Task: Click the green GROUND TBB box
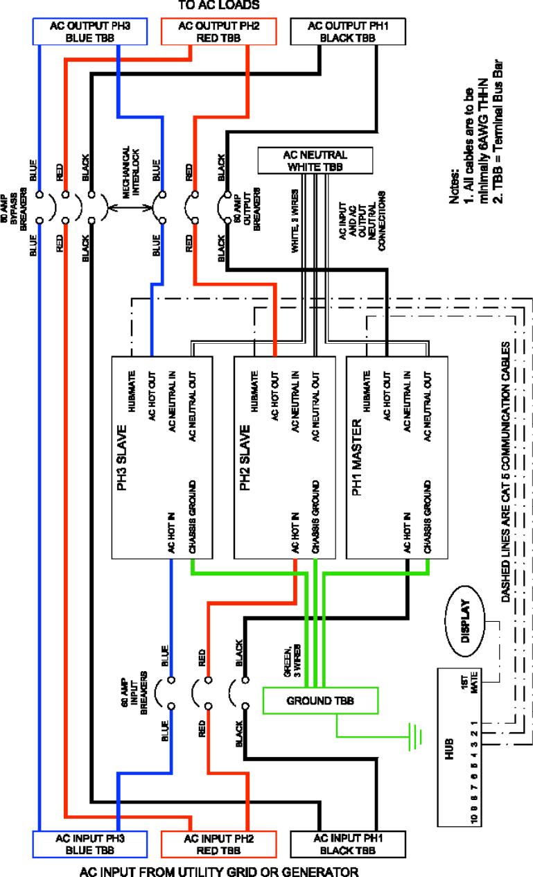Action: click(320, 701)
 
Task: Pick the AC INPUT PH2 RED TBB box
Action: click(218, 844)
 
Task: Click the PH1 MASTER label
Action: click(357, 457)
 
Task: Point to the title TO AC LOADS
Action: click(218, 5)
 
